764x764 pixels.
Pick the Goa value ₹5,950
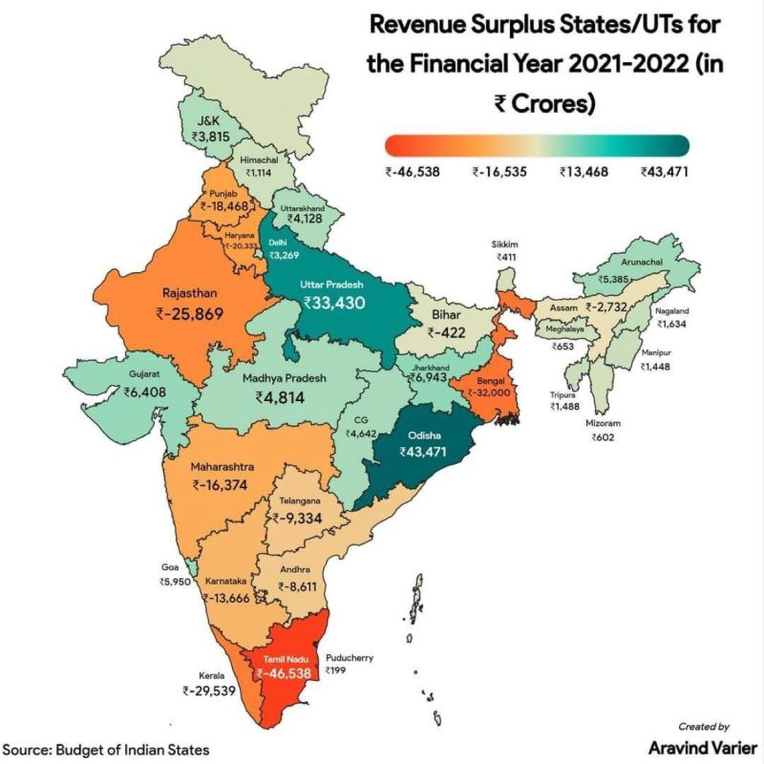[x=177, y=581]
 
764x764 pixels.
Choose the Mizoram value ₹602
[x=603, y=437]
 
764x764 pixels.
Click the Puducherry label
[x=350, y=657]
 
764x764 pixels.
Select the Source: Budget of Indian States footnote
[x=105, y=750]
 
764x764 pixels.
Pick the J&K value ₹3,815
[x=210, y=137]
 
